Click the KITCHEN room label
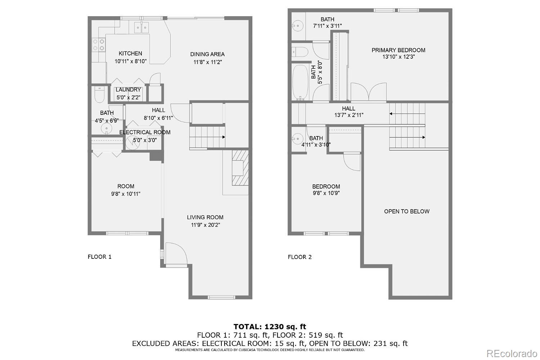(x=130, y=53)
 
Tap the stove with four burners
(x=99, y=45)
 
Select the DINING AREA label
(x=207, y=54)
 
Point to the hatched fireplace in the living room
(x=240, y=168)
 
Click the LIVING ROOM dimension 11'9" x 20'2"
(x=206, y=225)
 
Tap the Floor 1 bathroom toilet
(x=99, y=95)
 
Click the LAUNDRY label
(x=128, y=90)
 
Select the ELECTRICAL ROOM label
(x=145, y=132)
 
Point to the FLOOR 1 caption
(x=100, y=257)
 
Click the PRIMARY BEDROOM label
(x=398, y=50)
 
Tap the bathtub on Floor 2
(x=300, y=82)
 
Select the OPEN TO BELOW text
(x=407, y=211)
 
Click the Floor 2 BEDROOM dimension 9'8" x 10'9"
(x=326, y=193)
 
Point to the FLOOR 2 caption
(x=300, y=257)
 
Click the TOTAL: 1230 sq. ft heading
(x=270, y=327)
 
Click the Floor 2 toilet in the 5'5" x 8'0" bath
(x=300, y=52)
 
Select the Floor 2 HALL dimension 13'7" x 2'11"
(x=349, y=115)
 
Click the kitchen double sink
(x=141, y=27)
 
